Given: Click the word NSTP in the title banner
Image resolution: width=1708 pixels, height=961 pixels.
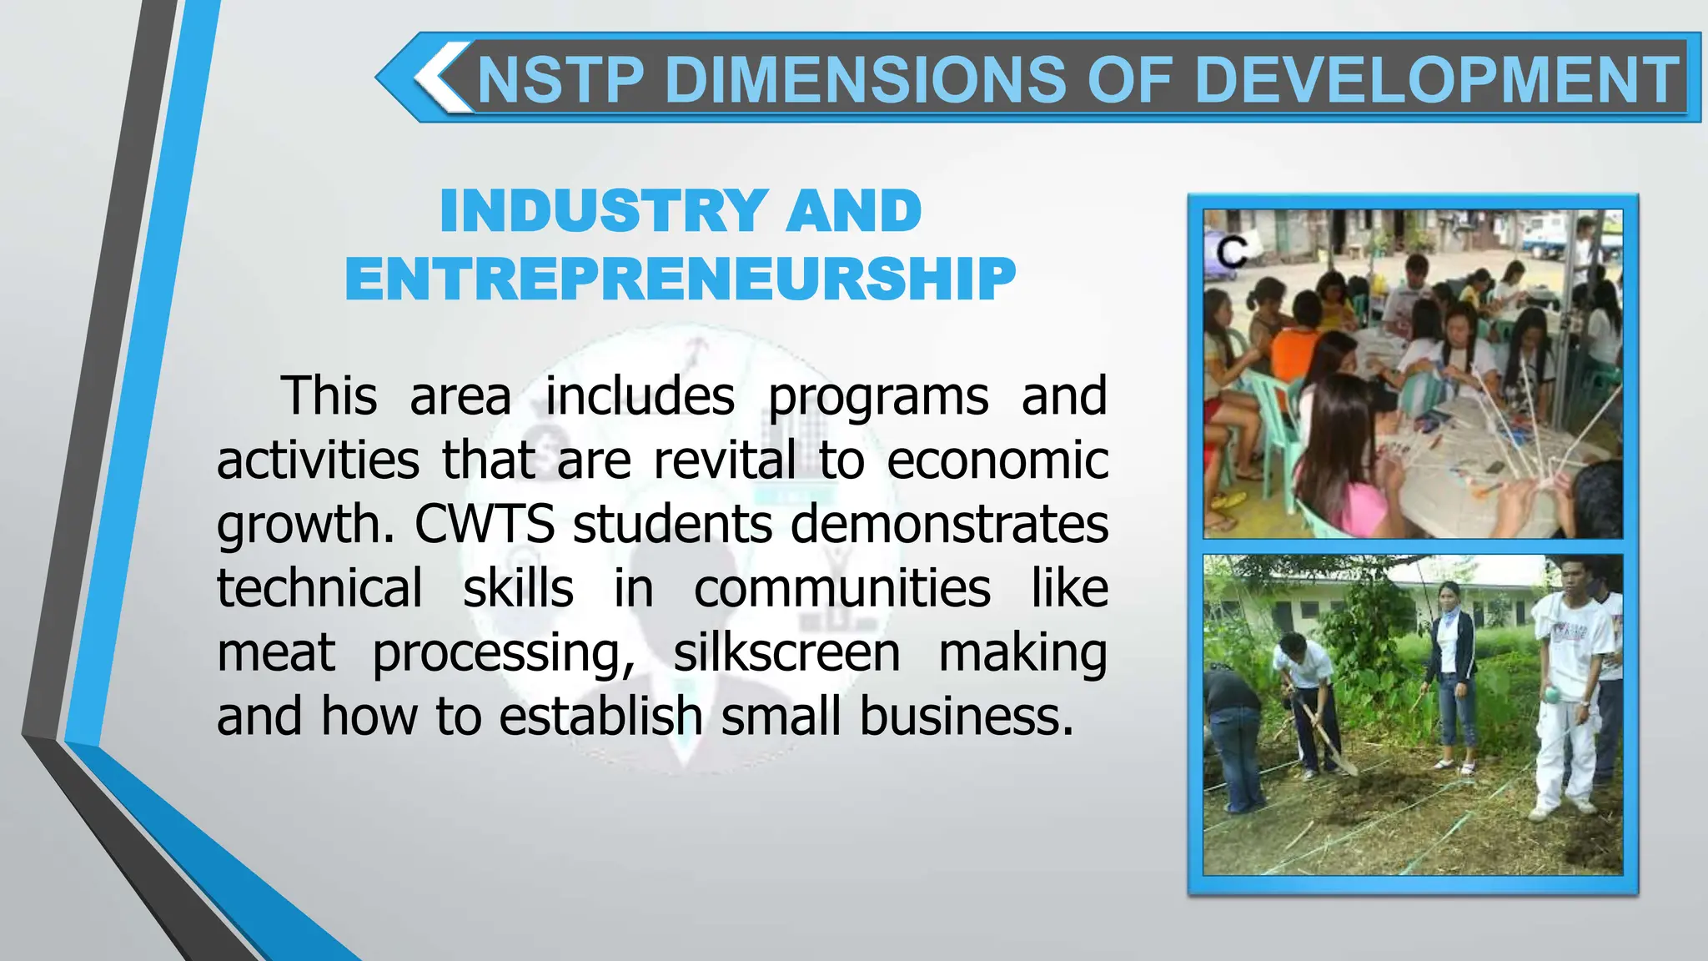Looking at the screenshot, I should coord(561,80).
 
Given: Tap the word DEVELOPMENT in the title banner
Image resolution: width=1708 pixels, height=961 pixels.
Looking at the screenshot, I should coord(1437,80).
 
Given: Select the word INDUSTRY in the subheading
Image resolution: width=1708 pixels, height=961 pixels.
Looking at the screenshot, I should coord(600,211).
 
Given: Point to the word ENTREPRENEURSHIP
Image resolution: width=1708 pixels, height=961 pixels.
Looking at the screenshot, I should coord(681,279).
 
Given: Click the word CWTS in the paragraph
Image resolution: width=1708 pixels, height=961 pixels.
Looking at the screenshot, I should coord(485,524).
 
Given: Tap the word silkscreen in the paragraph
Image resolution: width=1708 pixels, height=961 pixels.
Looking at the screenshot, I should coord(786,652).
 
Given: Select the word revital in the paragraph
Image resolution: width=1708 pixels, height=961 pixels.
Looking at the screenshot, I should coord(725,460).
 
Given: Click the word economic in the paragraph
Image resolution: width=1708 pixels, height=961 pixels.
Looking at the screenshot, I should coord(997,460).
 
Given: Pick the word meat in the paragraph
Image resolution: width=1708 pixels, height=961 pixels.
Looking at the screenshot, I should coord(276,652).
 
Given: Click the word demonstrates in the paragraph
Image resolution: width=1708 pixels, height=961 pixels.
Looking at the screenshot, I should coord(949,524).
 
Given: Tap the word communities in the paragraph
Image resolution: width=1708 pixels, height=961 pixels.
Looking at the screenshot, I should coord(842,588).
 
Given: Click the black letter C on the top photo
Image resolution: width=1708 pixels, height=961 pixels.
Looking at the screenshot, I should coord(1231,252).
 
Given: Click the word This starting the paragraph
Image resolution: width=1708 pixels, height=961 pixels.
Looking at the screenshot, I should coord(329,395).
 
